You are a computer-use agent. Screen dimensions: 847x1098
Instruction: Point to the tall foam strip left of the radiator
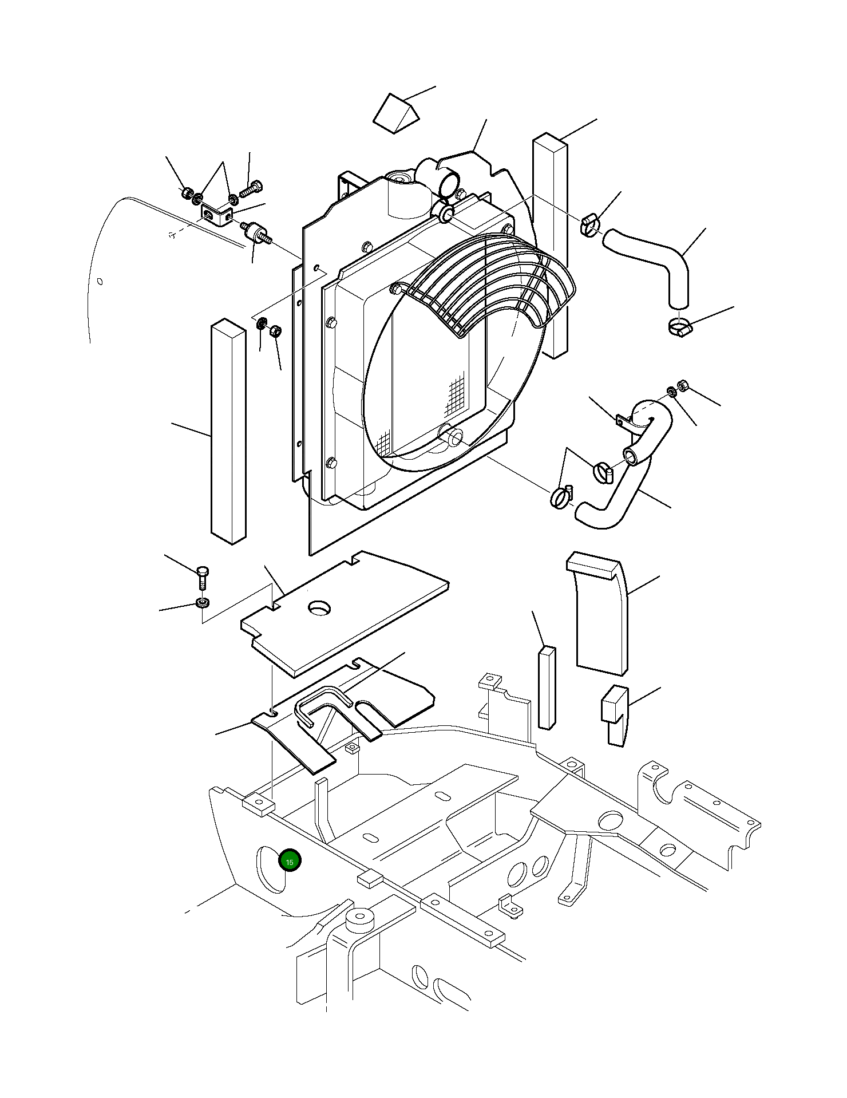pyautogui.click(x=228, y=431)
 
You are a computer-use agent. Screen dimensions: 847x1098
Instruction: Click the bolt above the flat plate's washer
pyautogui.click(x=203, y=578)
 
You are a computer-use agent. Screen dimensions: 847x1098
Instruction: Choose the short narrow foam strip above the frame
pyautogui.click(x=547, y=688)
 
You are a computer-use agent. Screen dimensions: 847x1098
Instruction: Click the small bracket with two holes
pyautogui.click(x=216, y=216)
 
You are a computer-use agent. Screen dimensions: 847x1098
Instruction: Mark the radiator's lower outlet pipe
pyautogui.click(x=452, y=436)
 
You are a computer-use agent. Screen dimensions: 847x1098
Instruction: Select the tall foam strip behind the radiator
pyautogui.click(x=551, y=246)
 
